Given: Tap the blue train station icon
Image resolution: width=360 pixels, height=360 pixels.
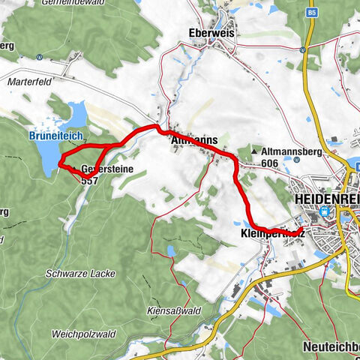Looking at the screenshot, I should click(325, 212).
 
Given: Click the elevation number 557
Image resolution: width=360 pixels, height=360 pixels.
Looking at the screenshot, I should click(90, 181).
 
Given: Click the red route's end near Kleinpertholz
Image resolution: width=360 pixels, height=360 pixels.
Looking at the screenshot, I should click(300, 229).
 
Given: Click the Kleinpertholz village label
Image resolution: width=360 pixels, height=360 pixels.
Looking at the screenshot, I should click(270, 233).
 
